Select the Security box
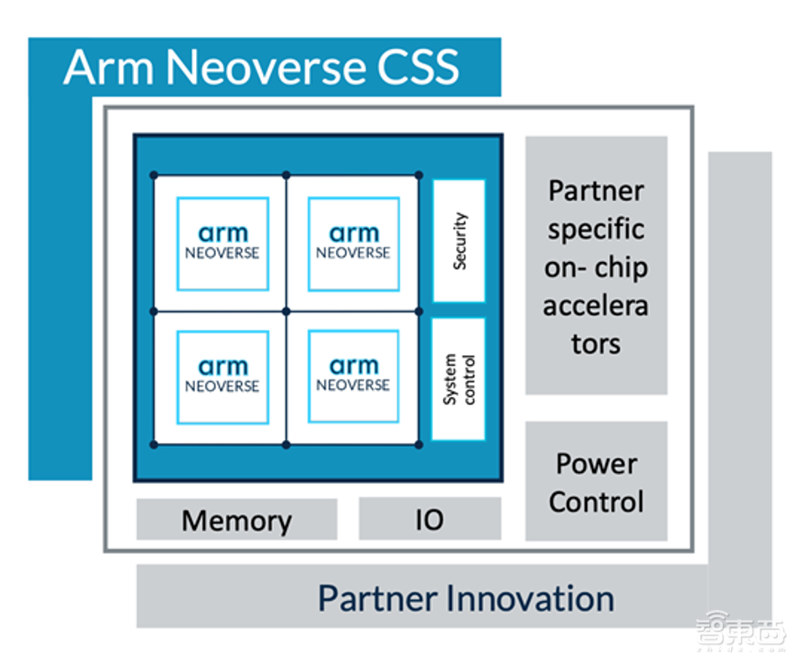(459, 240)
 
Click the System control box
(459, 378)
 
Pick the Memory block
(237, 520)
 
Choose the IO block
(430, 520)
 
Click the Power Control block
(596, 482)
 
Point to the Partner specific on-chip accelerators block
(596, 265)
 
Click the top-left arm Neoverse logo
(223, 243)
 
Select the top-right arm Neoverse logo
(353, 243)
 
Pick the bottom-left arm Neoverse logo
(223, 376)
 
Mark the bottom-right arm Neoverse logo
(353, 376)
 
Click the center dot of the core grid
(286, 311)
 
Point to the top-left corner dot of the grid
(153, 175)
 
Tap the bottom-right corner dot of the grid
(418, 444)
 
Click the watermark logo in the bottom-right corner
(740, 636)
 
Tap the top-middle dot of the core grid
(286, 175)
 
